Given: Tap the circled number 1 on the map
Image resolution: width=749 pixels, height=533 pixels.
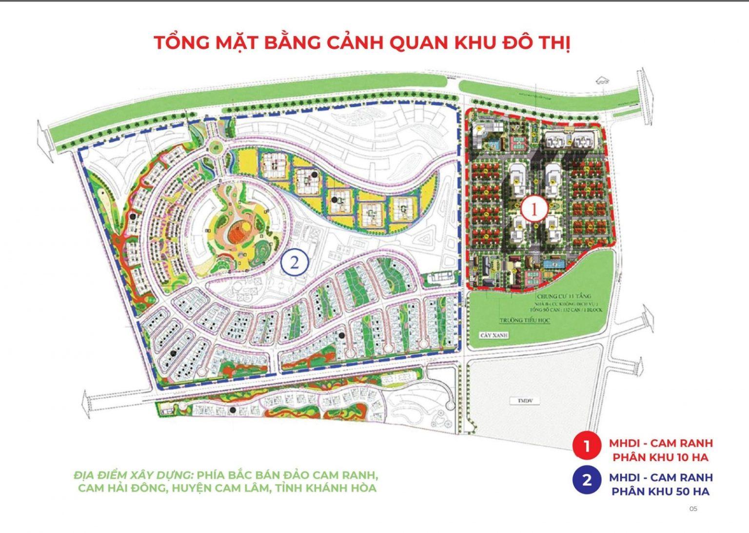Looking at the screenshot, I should [533, 210].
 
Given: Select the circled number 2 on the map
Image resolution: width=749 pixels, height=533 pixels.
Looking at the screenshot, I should [295, 263].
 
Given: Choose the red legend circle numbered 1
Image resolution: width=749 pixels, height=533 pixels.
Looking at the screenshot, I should [587, 446].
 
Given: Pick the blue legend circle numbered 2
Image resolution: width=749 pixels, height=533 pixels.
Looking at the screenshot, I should [587, 480].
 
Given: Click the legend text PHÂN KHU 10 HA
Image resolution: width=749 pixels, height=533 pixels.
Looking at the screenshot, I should [660, 457].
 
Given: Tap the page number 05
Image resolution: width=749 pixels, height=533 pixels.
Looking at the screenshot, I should [693, 509].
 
